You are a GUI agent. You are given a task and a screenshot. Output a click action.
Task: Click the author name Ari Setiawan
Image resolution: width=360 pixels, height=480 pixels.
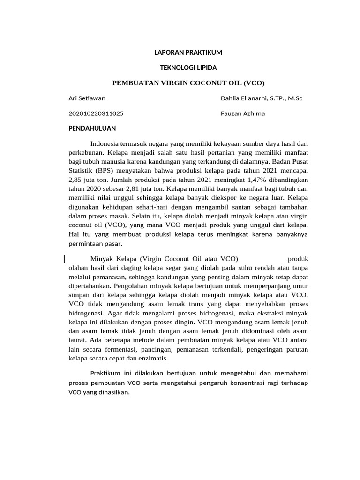point(87,98)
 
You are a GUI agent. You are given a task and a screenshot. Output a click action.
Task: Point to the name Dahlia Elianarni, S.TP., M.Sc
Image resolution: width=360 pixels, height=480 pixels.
point(262,98)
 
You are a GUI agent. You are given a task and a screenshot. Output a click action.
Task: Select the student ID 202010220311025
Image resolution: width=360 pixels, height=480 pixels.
point(96,113)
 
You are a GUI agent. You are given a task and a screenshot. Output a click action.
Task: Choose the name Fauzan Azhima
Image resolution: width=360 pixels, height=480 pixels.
point(243,113)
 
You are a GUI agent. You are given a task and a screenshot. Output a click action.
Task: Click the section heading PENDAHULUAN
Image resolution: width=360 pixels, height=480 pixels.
point(92,128)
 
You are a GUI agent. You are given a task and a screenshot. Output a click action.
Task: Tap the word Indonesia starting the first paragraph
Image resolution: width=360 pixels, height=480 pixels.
point(107,143)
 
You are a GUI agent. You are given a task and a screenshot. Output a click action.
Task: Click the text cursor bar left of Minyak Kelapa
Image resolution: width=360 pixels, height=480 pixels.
point(64,258)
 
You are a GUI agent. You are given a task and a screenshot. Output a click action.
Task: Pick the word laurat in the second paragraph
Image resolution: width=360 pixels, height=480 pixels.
point(78,341)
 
